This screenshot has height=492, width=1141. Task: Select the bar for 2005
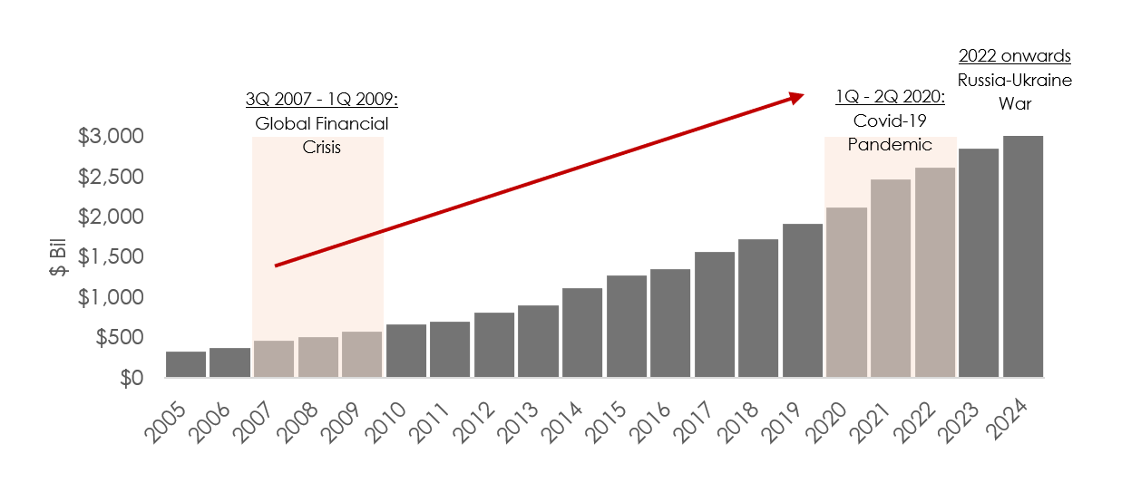pos(186,364)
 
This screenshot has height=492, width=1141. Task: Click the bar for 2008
pos(318,357)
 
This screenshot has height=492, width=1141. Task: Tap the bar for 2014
pos(582,333)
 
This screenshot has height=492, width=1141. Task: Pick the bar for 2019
pos(803,300)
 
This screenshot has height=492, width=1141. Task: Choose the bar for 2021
pos(891,278)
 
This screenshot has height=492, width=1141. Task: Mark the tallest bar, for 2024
pos(1023,256)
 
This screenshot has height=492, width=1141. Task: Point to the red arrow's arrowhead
pos(796,96)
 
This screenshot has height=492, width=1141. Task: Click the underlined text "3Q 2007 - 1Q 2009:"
pos(321,100)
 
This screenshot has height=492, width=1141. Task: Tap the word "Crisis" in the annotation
pos(321,147)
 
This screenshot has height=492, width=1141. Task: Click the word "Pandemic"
pos(890,144)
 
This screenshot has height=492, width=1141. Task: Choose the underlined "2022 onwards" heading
pos(1015,56)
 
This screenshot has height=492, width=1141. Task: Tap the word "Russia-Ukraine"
pos(1015,80)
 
